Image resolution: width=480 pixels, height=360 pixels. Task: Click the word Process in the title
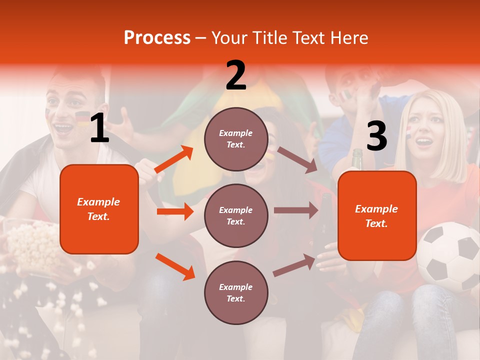[x=157, y=38]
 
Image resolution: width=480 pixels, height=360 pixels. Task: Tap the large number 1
[x=99, y=128]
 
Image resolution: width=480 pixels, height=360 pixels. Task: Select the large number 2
[x=236, y=75]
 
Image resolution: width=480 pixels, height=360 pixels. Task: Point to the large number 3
[x=376, y=136]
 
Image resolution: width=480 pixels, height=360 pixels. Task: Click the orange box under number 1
[x=99, y=209]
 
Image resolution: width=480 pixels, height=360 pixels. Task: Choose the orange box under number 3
[x=377, y=215]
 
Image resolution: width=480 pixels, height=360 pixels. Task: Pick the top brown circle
[x=236, y=139]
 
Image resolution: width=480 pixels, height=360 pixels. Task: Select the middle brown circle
[x=236, y=215]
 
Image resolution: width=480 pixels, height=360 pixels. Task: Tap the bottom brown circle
[x=236, y=292]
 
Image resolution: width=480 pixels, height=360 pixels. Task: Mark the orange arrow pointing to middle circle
[x=175, y=211]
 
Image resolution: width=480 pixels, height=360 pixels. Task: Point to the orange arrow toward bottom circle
[x=175, y=266]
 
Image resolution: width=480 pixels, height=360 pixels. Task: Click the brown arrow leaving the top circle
[x=297, y=159]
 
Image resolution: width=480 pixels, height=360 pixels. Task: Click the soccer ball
[x=448, y=256]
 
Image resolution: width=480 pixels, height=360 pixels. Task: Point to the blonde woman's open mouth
[x=424, y=142]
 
